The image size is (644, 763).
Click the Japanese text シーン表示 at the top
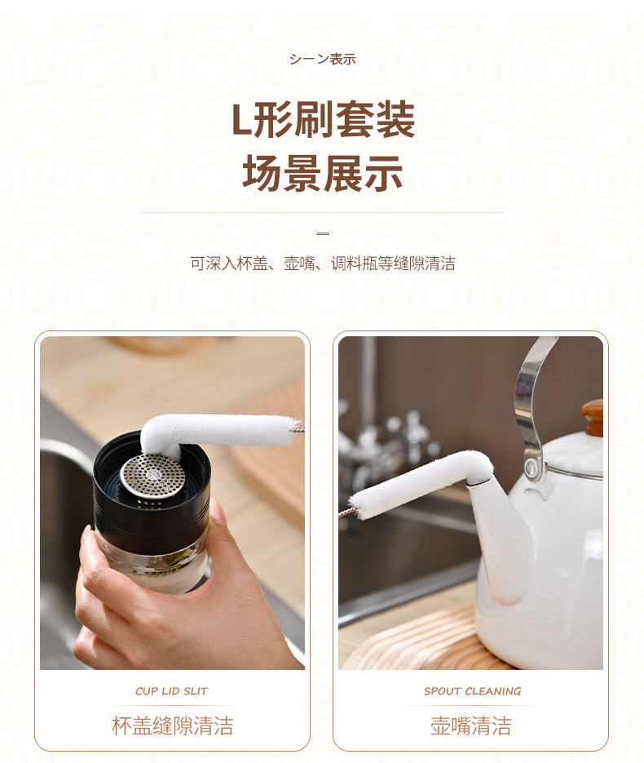322,60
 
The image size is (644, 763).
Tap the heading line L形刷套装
323,120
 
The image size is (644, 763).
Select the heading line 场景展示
323,173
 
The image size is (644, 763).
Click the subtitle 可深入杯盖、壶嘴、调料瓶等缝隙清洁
323,264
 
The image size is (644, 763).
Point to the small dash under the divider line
323,233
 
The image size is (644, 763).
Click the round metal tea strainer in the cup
153,476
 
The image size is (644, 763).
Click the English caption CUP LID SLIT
171,691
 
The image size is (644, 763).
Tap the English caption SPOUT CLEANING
472,691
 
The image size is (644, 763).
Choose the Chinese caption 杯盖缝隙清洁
173,725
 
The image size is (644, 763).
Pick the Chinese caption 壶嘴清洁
471,725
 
